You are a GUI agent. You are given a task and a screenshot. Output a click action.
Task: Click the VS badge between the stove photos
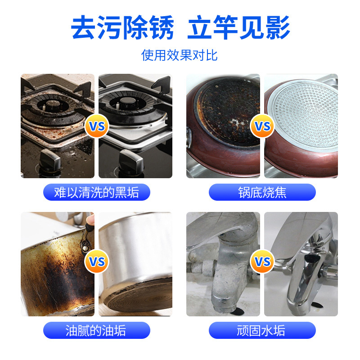coord(96,126)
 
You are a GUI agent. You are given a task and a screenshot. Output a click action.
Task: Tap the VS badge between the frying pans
coord(262,126)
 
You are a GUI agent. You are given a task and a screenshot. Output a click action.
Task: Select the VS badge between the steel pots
coord(96,261)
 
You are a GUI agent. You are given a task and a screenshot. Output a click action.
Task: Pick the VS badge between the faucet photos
coord(262,261)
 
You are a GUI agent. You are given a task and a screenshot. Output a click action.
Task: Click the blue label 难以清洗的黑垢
coord(97,192)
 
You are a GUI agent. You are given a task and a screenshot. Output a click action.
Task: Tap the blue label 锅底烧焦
coord(262,192)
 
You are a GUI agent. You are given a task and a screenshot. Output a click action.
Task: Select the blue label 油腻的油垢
coord(97,330)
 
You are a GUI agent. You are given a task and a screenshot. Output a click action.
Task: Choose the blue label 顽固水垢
coord(262,330)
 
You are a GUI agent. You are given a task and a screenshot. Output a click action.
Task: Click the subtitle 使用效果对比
coord(179,55)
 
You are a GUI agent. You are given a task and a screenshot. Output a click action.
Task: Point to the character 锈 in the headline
coord(162,27)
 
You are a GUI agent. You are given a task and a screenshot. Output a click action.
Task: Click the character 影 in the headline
coord(278,27)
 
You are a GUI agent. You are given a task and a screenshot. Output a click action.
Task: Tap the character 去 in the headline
coord(84,27)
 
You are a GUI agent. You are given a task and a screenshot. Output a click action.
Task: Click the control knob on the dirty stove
coord(49,160)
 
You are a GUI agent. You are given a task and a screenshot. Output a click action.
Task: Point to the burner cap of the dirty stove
coord(53,105)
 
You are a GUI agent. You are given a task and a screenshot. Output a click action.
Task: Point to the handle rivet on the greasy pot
coord(85,248)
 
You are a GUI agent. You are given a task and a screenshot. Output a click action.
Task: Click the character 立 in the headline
coord(200,27)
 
